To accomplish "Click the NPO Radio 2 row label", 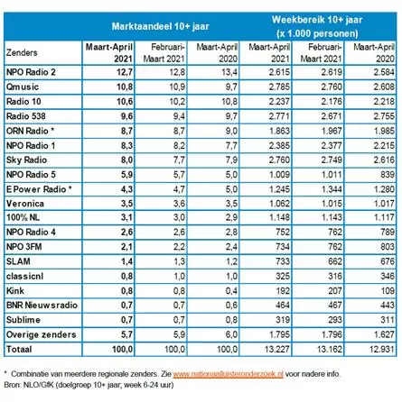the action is pyautogui.click(x=31, y=72).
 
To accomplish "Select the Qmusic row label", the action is pyautogui.click(x=23, y=87).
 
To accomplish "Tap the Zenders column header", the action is pyautogui.click(x=22, y=52).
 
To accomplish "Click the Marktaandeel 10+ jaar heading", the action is pyautogui.click(x=160, y=26).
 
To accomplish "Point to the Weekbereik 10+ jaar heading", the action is pyautogui.click(x=317, y=20).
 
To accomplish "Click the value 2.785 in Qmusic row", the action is pyautogui.click(x=279, y=87).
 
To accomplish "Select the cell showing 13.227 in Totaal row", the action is pyautogui.click(x=276, y=349).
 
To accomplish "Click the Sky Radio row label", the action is pyautogui.click(x=26, y=160).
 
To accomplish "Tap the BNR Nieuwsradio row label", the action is pyautogui.click(x=42, y=305).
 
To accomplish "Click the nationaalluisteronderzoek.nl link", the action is pyautogui.click(x=228, y=374).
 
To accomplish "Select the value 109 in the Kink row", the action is pyautogui.click(x=388, y=290).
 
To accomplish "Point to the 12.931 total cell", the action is pyautogui.click(x=381, y=349).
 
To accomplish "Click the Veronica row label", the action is pyautogui.click(x=25, y=204).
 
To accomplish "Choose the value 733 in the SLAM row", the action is pyautogui.click(x=283, y=261).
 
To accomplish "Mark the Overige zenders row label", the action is pyautogui.click(x=41, y=334).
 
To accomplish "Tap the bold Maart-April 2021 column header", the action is pyautogui.click(x=109, y=53).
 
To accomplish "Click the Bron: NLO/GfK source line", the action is pyautogui.click(x=89, y=385).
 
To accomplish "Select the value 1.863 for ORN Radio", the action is pyautogui.click(x=279, y=131).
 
